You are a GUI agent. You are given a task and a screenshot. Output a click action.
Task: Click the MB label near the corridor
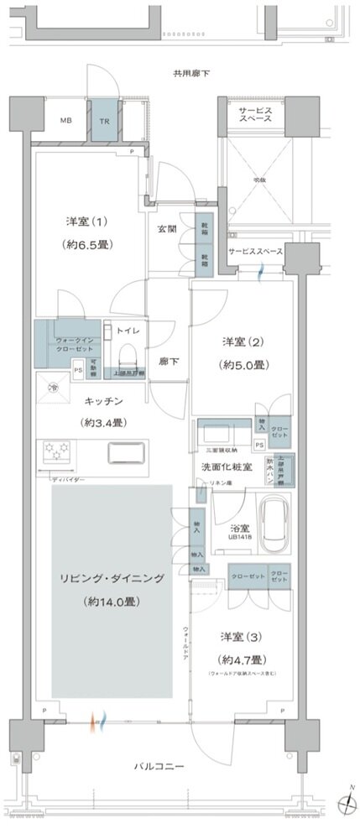[x=65, y=121]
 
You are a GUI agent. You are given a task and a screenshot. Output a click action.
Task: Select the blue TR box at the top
[x=105, y=121]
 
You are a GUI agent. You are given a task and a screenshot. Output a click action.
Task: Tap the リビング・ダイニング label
[x=111, y=579]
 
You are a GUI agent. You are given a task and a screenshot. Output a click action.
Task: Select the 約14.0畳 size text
[x=111, y=602]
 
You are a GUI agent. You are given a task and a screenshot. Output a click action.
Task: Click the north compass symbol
[x=345, y=803]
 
